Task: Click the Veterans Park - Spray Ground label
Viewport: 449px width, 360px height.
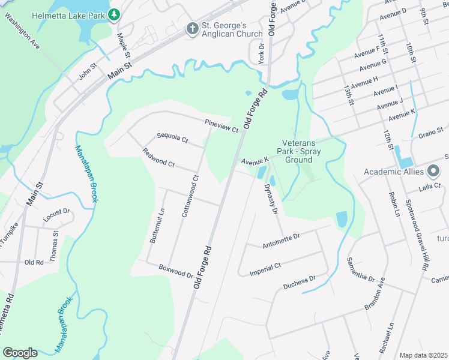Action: (302, 152)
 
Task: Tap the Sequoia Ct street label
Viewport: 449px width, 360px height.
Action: (172, 139)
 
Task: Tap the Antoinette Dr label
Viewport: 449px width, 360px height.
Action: (281, 241)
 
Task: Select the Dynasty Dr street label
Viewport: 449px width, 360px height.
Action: (271, 200)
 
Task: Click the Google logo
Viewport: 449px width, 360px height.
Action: (20, 353)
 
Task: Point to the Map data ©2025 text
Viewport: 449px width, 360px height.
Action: (424, 355)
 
